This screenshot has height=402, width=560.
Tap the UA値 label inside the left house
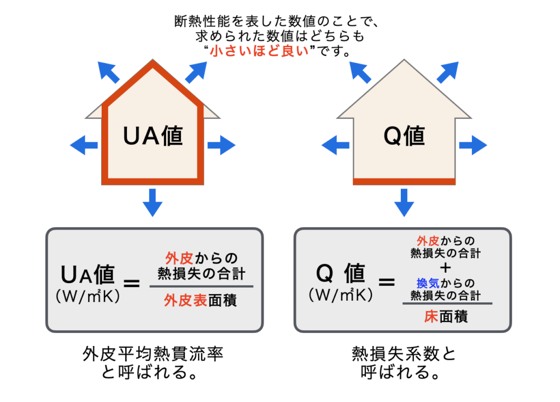[153, 136]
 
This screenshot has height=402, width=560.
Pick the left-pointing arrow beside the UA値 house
[84, 145]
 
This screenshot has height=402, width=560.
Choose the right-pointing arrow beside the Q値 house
[473, 145]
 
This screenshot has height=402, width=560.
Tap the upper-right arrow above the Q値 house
[447, 72]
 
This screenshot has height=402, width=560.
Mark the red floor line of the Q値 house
[404, 181]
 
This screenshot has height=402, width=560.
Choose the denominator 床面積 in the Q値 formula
[446, 317]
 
